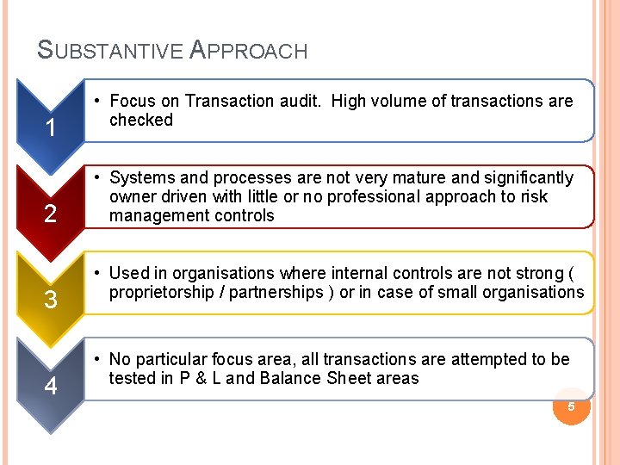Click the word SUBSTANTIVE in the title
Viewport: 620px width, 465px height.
[x=110, y=51]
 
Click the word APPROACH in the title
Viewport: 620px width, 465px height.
[x=248, y=51]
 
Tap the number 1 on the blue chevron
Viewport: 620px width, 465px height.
[x=51, y=128]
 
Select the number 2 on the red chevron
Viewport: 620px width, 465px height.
[x=51, y=214]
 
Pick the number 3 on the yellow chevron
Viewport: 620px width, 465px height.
[x=51, y=301]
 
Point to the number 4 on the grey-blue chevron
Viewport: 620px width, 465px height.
[x=51, y=387]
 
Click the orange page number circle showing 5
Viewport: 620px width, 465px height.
[x=570, y=405]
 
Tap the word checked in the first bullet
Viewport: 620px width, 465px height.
[x=141, y=121]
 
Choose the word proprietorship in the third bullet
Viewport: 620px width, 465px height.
[x=162, y=292]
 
